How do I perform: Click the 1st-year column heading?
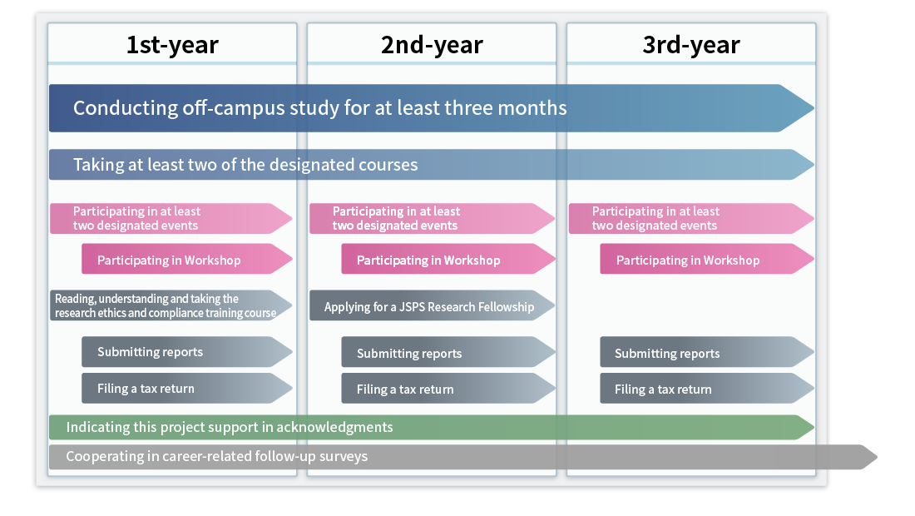tap(172, 45)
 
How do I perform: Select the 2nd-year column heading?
tap(432, 45)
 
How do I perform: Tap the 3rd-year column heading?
tap(691, 45)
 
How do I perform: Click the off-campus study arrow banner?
tap(431, 108)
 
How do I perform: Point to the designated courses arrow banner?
tap(431, 165)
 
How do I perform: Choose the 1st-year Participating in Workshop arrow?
tap(186, 259)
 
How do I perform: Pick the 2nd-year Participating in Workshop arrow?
tap(448, 259)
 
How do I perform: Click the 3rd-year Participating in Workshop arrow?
tap(707, 259)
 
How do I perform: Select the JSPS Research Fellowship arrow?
tap(432, 305)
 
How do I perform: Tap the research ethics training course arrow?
tap(171, 305)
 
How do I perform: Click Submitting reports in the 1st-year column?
tap(186, 352)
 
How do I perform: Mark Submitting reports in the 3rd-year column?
tap(707, 352)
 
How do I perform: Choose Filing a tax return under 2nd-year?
tap(448, 389)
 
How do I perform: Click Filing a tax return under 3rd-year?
tap(707, 389)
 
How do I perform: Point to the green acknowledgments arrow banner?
tap(431, 427)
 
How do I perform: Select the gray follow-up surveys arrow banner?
tap(462, 457)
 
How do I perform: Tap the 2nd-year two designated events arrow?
tap(432, 218)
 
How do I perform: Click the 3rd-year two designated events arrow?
tap(691, 218)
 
